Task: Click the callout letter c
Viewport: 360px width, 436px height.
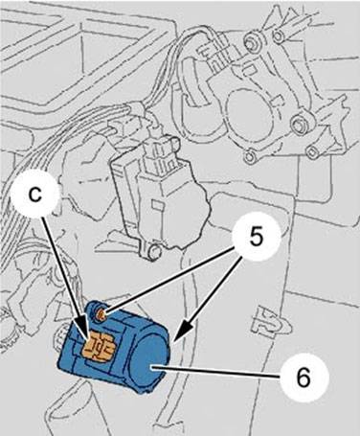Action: (35, 194)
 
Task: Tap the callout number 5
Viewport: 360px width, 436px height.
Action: (257, 238)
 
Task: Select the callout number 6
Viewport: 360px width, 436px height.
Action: (303, 377)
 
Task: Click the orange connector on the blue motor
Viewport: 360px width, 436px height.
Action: (99, 348)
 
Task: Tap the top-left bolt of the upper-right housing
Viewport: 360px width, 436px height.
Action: (252, 40)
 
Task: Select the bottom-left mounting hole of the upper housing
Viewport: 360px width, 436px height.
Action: (249, 156)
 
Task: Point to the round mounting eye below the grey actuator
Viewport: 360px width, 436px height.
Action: (155, 251)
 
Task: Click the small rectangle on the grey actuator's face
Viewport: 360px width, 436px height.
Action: (158, 205)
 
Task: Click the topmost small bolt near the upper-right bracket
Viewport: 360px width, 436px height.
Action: (280, 36)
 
